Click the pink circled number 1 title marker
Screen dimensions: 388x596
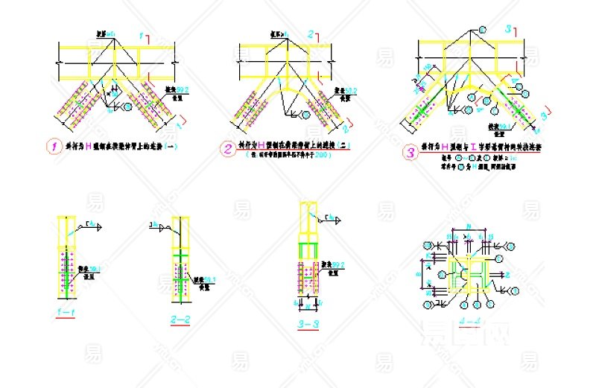point(53,147)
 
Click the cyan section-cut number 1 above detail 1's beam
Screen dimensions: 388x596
point(141,35)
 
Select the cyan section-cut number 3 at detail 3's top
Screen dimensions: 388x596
point(507,29)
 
